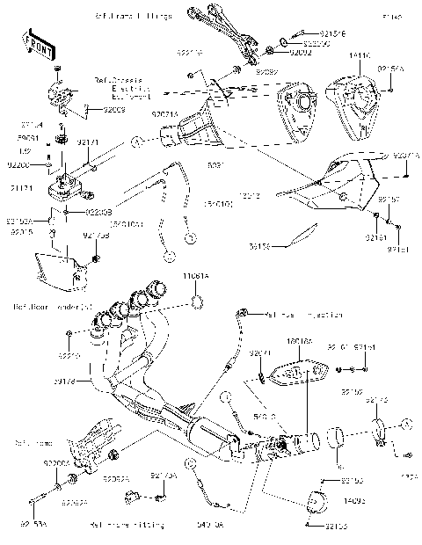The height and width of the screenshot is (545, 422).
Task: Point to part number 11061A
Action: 195,275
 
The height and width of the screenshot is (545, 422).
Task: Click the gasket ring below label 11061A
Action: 198,302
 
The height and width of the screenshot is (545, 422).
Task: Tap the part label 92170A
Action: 164,476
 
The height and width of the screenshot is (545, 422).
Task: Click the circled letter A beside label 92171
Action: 135,142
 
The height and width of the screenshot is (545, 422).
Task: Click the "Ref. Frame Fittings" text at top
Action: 133,17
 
